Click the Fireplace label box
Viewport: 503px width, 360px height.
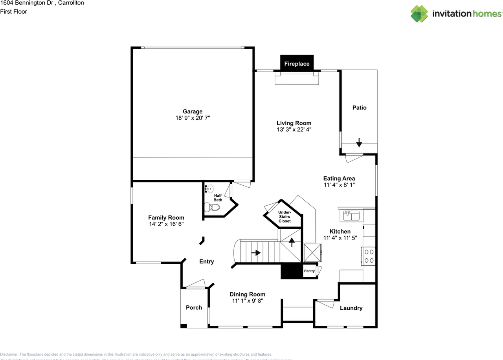tap(297, 64)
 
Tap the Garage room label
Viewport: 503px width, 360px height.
tap(193, 111)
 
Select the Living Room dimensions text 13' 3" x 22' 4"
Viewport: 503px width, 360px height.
tap(294, 129)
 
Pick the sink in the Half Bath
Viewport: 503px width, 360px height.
tap(209, 188)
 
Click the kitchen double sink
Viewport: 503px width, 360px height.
tap(351, 216)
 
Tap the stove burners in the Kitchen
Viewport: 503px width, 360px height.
tap(369, 256)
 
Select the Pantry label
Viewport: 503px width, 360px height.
tap(309, 271)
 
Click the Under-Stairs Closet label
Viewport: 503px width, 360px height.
tap(285, 216)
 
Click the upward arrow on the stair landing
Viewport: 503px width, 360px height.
tap(292, 242)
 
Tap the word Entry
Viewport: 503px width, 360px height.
tap(207, 261)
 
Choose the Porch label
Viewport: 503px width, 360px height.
tap(194, 307)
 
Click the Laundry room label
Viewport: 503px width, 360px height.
tap(351, 308)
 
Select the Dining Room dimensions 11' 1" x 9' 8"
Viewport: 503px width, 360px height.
tap(247, 301)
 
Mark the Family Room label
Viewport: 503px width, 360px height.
tap(166, 217)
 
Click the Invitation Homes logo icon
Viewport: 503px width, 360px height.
tap(419, 14)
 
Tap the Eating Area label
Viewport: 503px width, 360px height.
tap(339, 178)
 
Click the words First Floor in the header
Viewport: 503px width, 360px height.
tap(14, 11)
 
